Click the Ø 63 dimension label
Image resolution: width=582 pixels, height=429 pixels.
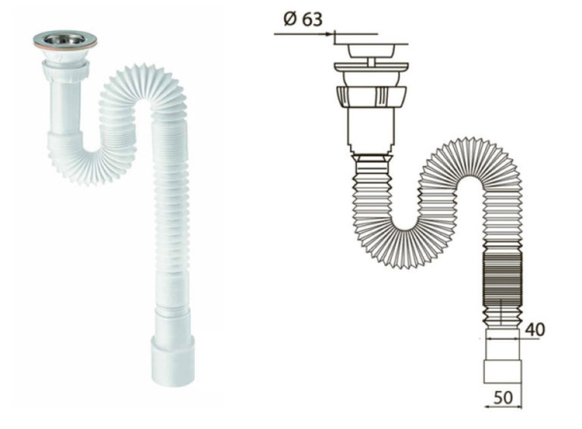tap(303, 19)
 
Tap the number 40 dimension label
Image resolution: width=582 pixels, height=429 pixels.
tap(534, 329)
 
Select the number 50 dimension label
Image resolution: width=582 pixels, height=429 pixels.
tap(503, 397)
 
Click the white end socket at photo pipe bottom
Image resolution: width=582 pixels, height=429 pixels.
tap(173, 360)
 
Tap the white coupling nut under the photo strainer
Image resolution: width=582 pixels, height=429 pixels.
tap(65, 69)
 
